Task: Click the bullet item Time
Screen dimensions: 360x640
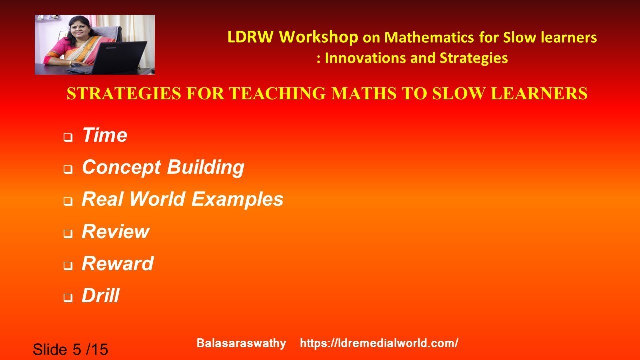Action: [x=104, y=135]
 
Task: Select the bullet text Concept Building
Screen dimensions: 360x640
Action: [x=163, y=167]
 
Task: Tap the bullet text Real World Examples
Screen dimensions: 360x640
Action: [x=182, y=199]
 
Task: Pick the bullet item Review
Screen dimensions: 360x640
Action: [x=115, y=231]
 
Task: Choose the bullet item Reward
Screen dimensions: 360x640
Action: [x=117, y=263]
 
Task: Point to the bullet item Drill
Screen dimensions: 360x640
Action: [x=100, y=295]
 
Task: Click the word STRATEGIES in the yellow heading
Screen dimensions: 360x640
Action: [x=116, y=94]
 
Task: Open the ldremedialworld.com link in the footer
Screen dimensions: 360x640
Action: [x=379, y=343]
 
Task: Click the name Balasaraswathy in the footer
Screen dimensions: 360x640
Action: [x=241, y=343]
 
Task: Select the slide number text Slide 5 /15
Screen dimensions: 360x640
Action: [x=70, y=349]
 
